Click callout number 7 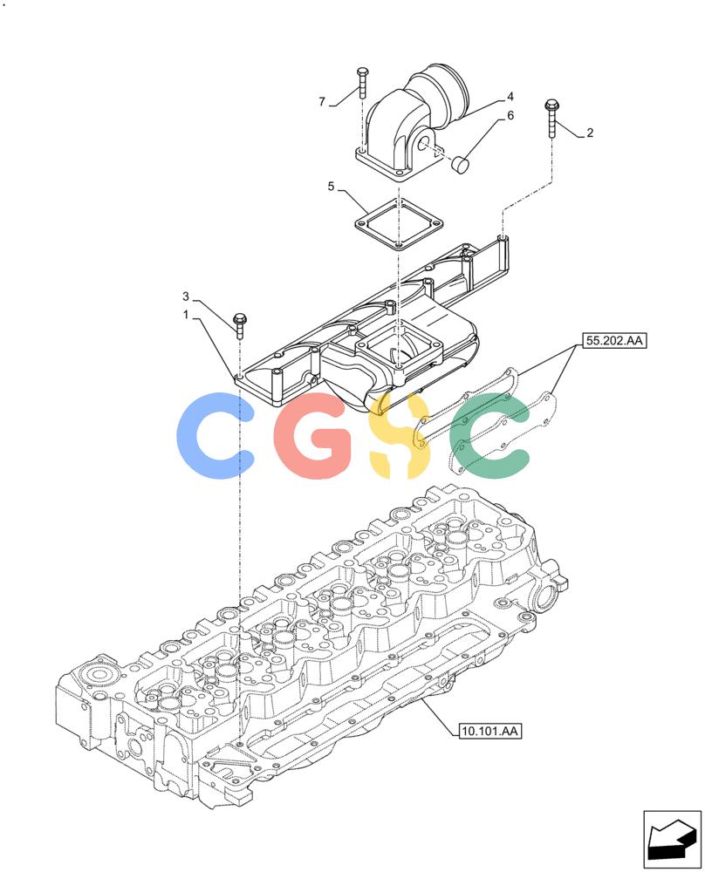[322, 102]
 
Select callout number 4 [510, 97]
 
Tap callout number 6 [510, 116]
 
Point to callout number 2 [590, 133]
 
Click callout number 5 [331, 187]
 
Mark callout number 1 [187, 315]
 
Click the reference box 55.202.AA [615, 340]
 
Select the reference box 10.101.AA [490, 731]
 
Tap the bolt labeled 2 [552, 118]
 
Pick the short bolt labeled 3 [240, 326]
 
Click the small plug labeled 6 [461, 165]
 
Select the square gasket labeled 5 [399, 223]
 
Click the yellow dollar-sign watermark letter [400, 435]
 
